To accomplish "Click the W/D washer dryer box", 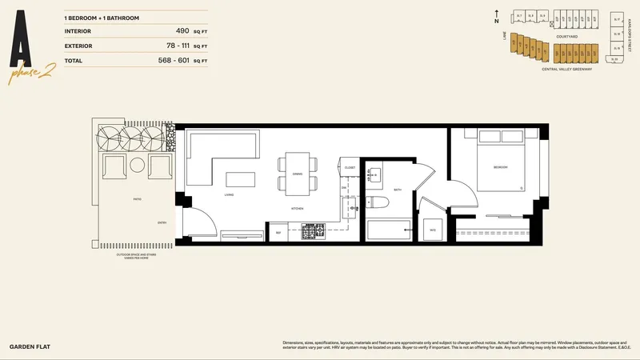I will pos(433,229).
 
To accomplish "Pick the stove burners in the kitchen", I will pos(310,233).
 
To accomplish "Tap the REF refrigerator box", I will pos(279,233).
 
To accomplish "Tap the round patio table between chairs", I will pos(136,167).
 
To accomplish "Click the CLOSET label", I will pos(350,167).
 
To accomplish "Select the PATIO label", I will pos(137,200).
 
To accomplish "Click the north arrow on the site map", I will pos(498,14).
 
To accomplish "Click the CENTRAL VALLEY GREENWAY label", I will pos(566,70).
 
